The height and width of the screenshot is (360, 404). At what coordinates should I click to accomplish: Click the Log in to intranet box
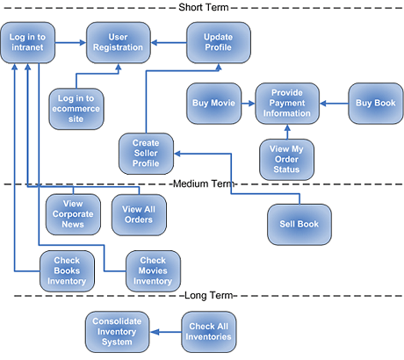click(x=28, y=42)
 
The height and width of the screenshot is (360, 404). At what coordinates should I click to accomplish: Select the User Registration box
click(x=119, y=42)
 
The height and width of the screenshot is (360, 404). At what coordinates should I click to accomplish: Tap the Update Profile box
click(x=219, y=42)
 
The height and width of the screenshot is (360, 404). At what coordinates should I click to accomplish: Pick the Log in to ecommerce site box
click(x=76, y=109)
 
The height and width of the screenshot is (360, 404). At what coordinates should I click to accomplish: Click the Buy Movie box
click(x=214, y=104)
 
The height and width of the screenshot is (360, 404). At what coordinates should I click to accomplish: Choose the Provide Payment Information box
click(x=287, y=104)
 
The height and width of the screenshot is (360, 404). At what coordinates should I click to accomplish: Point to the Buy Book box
click(x=376, y=104)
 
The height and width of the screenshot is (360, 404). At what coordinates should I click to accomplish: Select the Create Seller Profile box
click(x=146, y=154)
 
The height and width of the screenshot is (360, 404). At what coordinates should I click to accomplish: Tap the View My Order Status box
click(x=286, y=160)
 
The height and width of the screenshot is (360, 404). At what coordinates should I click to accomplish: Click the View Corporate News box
click(x=73, y=214)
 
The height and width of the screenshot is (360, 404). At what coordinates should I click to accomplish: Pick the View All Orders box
click(x=139, y=215)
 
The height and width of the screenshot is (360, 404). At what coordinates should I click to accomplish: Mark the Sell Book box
click(x=299, y=225)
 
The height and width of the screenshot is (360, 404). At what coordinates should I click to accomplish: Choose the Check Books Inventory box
click(x=67, y=271)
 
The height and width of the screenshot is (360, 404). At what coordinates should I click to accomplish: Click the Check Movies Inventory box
click(x=153, y=271)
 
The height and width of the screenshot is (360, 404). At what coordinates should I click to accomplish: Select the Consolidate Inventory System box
click(x=117, y=332)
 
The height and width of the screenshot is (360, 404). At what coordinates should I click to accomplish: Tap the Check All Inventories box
click(x=209, y=332)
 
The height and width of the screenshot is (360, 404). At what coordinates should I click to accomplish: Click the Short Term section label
click(x=204, y=7)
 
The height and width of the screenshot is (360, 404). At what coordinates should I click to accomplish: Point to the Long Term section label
click(x=209, y=296)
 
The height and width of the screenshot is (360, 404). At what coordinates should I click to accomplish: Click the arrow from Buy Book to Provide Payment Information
click(x=334, y=104)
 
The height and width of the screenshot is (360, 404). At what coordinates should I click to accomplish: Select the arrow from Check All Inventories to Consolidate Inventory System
click(x=166, y=332)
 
